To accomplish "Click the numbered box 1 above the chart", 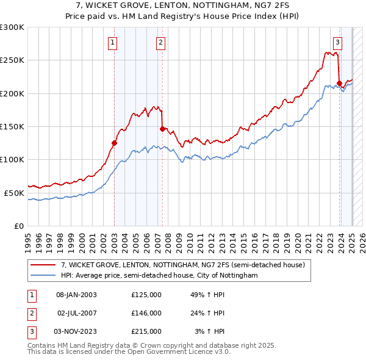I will pos(113,42).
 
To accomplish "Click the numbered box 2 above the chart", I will pos(160,42).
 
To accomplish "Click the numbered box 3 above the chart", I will pos(337,42).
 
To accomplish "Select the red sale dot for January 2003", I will pos(114,143).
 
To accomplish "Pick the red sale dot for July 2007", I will pos(162,129).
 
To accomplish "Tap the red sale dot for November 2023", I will pos(339,83).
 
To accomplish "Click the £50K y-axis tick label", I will pos(14,193).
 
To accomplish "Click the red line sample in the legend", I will pos(43,265).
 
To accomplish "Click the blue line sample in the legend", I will pos(43,276).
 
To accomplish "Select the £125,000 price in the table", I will pos(146,295).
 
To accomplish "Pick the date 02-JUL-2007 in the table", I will pos(77,313).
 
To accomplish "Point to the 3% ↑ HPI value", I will pos(210,331).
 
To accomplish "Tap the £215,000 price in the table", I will pos(146,331).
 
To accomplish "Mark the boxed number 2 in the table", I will pos(30,313).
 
